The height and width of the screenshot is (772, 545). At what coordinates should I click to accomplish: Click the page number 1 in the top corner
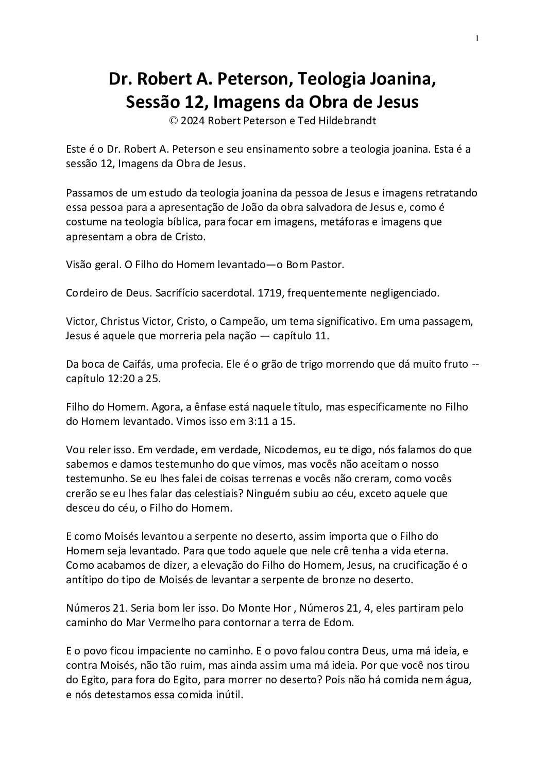pyautogui.click(x=478, y=38)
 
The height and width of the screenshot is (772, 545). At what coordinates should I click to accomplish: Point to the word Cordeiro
pyautogui.click(x=87, y=293)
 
